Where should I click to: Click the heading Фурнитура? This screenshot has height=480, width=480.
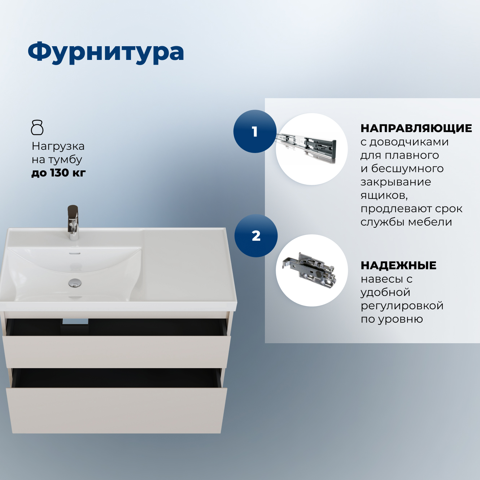tap(106, 52)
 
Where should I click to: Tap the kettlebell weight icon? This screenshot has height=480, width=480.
tap(37, 127)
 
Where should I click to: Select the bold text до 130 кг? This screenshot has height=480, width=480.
tap(58, 173)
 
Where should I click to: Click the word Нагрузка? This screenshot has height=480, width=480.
tap(58, 146)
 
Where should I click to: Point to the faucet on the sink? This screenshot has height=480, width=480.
tap(73, 222)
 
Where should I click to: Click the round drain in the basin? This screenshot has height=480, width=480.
tap(75, 283)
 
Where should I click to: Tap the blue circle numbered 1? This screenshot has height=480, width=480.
tap(255, 131)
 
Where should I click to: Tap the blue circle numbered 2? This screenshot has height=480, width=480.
tap(256, 236)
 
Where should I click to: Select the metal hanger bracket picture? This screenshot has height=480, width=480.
tap(311, 270)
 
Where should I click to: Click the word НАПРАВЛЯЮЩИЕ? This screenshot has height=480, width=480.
tap(416, 128)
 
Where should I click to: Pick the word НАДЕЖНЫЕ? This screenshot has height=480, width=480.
tap(398, 266)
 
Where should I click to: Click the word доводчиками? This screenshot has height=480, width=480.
tap(409, 142)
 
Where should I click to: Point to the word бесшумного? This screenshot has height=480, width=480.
tap(407, 169)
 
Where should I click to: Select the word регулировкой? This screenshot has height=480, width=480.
tap(402, 306)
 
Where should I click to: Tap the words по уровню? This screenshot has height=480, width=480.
tap(392, 319)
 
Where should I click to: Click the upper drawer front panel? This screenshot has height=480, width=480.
tap(117, 352)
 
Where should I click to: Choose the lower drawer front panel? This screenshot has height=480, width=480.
tap(116, 410)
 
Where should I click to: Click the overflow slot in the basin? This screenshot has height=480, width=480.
tap(75, 253)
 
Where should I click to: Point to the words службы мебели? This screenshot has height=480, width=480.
tap(406, 222)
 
